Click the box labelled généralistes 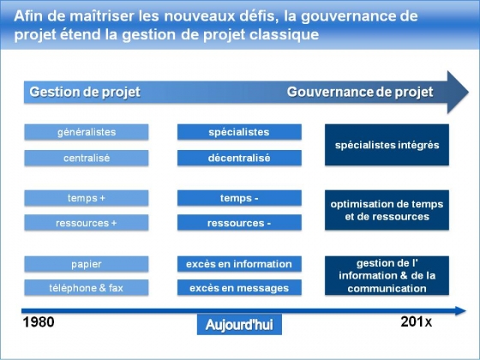(87, 132)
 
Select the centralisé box (87, 158)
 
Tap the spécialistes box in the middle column (239, 132)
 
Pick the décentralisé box (239, 158)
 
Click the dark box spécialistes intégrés (387, 145)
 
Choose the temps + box (87, 198)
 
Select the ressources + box (87, 223)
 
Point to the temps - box (239, 198)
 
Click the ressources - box (239, 223)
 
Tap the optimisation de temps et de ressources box (387, 210)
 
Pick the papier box (87, 264)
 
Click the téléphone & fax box (87, 287)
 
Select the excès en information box (239, 264)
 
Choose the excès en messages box (239, 287)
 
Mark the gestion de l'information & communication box (387, 275)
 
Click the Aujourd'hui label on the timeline (239, 325)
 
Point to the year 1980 (39, 322)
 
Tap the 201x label (417, 321)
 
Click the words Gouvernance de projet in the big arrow (360, 92)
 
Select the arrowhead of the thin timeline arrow (460, 310)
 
